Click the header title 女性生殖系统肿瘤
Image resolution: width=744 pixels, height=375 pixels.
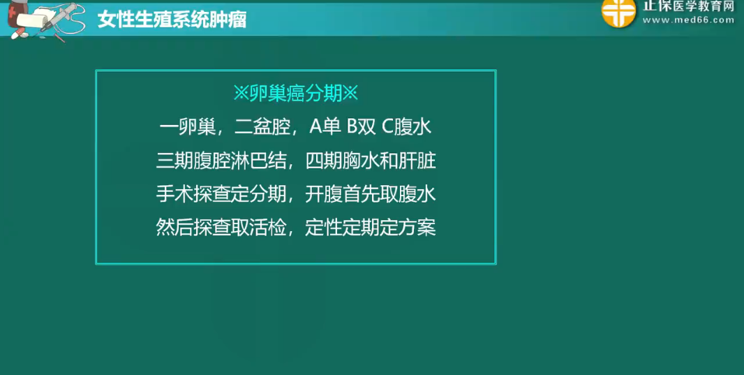tap(172, 20)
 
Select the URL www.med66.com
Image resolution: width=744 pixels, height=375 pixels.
tap(688, 20)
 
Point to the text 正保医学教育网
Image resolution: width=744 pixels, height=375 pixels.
tap(689, 6)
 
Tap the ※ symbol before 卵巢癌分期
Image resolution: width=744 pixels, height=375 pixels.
tap(241, 94)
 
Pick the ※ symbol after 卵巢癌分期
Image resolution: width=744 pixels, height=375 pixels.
tap(350, 94)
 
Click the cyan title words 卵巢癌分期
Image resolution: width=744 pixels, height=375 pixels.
tap(296, 94)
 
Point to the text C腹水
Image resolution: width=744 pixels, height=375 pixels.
tap(407, 126)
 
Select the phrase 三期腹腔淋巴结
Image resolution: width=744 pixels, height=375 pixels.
tap(221, 161)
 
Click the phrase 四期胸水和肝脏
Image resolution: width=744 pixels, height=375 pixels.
tap(371, 161)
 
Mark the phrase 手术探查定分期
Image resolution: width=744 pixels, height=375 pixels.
tap(221, 195)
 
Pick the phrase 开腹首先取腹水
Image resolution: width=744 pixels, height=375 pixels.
tap(371, 195)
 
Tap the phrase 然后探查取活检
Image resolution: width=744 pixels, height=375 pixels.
tap(221, 228)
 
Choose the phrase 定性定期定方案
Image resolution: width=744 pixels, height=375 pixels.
tap(371, 228)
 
